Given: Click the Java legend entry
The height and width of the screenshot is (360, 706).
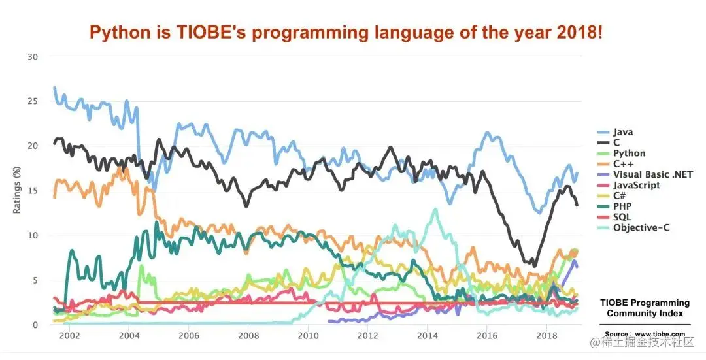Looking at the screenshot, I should [623, 133].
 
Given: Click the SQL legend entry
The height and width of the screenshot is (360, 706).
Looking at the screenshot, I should [622, 217].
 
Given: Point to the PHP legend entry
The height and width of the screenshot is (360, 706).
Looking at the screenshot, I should [622, 206].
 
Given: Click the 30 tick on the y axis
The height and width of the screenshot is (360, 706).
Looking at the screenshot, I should [33, 57].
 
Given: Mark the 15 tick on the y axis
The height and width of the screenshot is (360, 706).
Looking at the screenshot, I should [33, 191].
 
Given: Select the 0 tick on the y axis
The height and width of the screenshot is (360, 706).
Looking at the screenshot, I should [35, 325].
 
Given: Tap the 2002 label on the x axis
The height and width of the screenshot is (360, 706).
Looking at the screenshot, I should [69, 336].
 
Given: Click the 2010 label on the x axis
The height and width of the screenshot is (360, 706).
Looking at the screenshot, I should [307, 336].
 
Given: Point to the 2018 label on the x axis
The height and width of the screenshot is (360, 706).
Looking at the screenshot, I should [545, 336].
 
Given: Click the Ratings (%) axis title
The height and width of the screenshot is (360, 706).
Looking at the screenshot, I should [17, 190].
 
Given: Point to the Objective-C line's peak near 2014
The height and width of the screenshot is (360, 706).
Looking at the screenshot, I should [435, 210].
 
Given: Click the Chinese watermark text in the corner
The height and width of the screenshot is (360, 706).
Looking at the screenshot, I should [647, 343].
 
